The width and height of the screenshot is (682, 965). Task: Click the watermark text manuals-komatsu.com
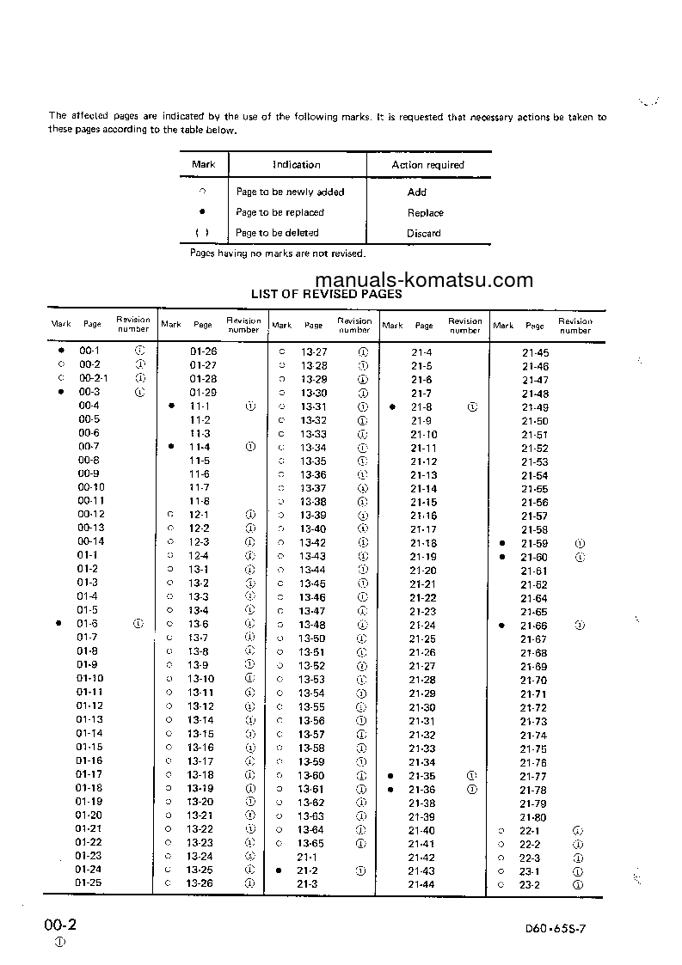point(424,280)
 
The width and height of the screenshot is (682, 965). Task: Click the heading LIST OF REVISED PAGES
point(326,294)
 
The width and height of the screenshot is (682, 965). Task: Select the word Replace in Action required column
point(425,213)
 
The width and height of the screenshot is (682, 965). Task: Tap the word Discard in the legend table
point(423,234)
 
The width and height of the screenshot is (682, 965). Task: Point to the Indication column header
point(297,165)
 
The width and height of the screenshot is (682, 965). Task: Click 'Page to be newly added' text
point(290,192)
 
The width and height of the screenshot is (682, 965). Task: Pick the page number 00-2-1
point(94,379)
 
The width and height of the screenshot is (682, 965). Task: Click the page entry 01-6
point(87,624)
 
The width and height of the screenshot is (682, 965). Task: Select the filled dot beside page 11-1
point(172,406)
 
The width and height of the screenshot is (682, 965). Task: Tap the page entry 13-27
point(314,352)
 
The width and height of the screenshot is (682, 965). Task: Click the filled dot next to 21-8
point(392,407)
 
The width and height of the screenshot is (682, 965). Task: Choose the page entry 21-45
point(535,353)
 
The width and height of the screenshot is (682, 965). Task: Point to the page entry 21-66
point(534,626)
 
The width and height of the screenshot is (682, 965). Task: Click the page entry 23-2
point(530,885)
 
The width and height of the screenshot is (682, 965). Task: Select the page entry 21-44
point(421,885)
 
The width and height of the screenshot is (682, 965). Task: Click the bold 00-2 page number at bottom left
point(61,925)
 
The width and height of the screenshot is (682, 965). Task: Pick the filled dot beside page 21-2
point(280,870)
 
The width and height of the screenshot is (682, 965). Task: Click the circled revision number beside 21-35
point(471,776)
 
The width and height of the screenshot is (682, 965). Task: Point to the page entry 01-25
point(89,883)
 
